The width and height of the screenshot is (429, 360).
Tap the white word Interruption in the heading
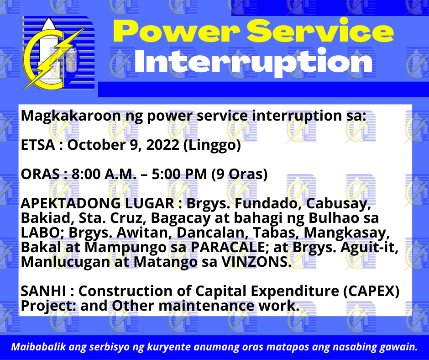[x=253, y=62]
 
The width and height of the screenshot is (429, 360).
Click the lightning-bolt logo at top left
[x=58, y=53]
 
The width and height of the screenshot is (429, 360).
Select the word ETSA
[x=38, y=145]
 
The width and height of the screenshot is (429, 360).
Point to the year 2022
[x=162, y=145]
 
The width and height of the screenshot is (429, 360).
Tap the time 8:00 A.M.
[x=104, y=174]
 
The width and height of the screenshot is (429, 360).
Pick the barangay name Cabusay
[x=339, y=204]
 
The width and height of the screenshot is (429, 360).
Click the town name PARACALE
[x=228, y=247]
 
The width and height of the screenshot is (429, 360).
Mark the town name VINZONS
[x=256, y=262]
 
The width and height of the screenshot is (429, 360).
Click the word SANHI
[x=43, y=291]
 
